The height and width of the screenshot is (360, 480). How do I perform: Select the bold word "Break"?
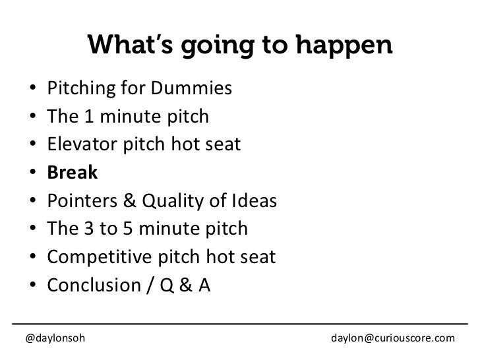coord(72,173)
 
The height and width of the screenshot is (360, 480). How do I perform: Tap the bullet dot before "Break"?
coord(33,173)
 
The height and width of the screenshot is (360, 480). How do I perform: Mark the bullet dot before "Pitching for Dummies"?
coord(33,88)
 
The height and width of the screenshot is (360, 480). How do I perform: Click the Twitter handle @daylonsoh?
coord(55,338)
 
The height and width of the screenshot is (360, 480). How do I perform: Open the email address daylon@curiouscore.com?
coord(392,338)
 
